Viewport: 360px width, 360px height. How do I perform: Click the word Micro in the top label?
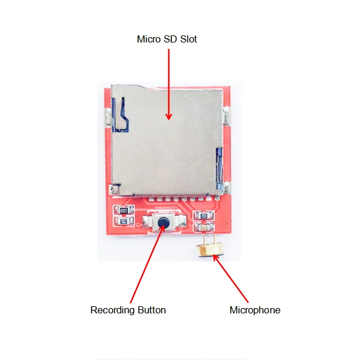tap(148, 40)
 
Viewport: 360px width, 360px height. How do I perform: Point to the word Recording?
tap(112, 310)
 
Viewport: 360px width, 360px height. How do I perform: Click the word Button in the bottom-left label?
tap(150, 310)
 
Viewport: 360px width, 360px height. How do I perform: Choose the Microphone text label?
tap(254, 310)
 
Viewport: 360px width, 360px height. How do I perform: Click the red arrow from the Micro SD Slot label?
tap(169, 83)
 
